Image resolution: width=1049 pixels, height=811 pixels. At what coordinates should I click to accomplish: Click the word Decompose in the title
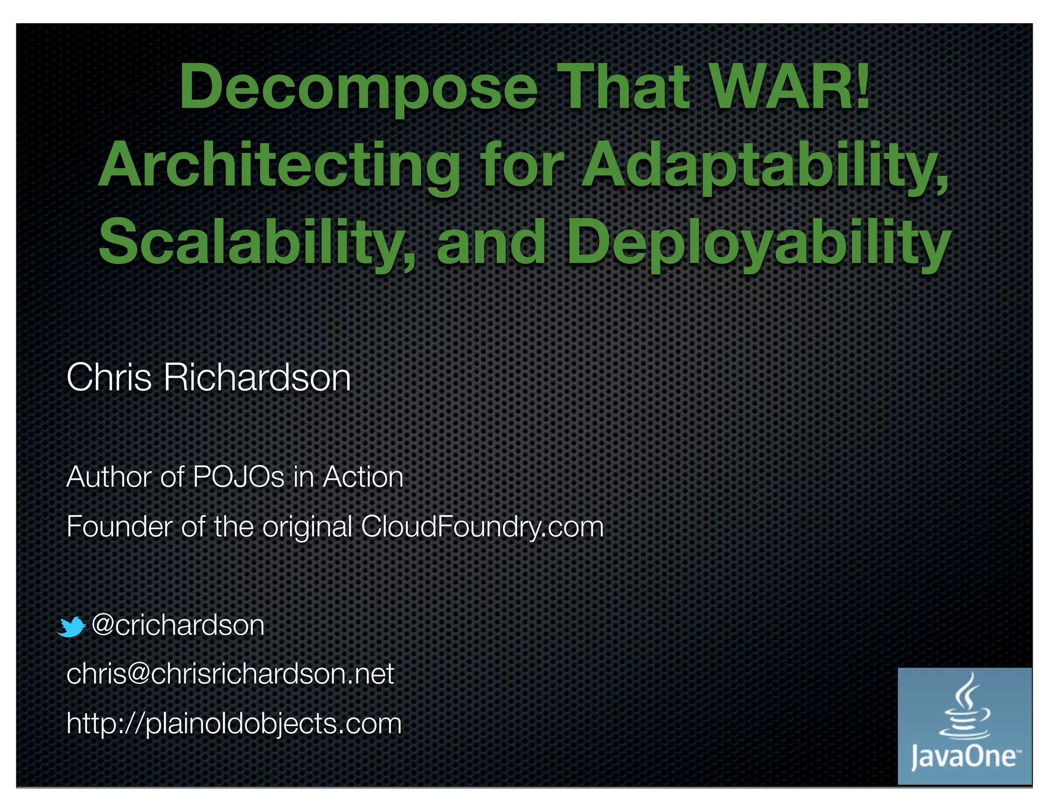coord(358,87)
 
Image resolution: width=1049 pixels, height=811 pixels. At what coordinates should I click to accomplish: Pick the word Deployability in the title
coord(758,242)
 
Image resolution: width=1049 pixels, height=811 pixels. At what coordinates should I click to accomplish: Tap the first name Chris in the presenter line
coord(109,377)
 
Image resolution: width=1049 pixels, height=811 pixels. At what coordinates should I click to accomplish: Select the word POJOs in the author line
coord(238,477)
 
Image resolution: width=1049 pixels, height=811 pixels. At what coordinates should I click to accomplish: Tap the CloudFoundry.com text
coord(482,526)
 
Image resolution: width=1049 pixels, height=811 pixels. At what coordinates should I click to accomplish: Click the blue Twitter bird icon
coord(71,626)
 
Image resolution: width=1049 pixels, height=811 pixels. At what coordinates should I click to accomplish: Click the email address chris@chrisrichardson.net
coord(230,674)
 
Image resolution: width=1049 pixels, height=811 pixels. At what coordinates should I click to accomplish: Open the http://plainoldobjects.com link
coord(234,723)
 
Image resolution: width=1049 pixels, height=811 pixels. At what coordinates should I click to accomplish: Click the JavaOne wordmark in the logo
coord(963,757)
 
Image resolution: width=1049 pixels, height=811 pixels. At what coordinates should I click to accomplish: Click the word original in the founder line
coord(307,526)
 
